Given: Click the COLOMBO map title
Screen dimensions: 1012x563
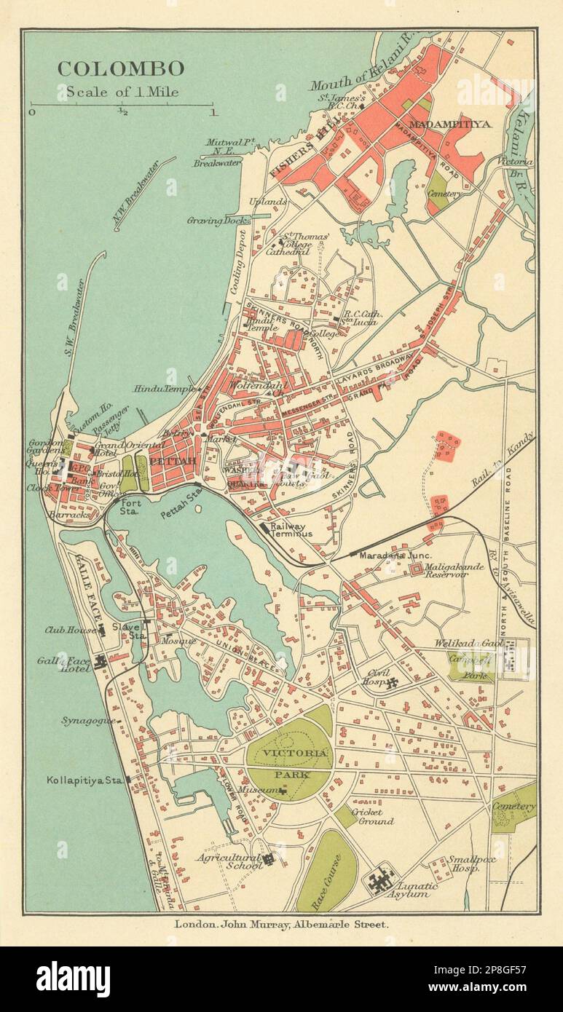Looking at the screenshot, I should click(x=121, y=69).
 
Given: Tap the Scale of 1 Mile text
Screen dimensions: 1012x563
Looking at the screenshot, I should click(x=122, y=92).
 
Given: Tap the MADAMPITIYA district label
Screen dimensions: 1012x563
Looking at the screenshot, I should click(x=450, y=124).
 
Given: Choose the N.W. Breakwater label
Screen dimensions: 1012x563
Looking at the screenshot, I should click(x=142, y=194).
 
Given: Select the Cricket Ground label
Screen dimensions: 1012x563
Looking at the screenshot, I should click(x=371, y=816).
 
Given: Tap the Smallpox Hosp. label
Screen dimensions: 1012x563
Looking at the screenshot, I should click(x=464, y=863).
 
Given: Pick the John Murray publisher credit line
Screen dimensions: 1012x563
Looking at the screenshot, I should click(x=281, y=924).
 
